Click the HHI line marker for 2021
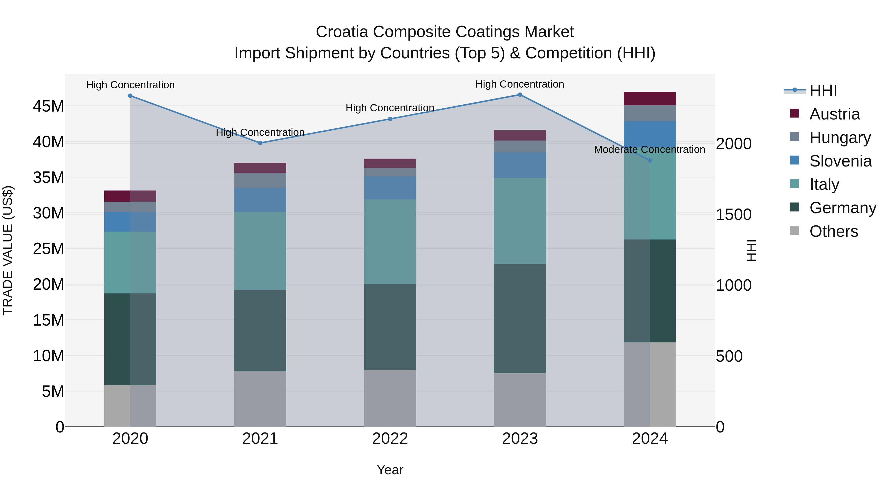point(260,143)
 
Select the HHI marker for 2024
point(650,160)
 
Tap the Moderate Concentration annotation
point(649,149)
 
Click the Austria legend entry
point(834,114)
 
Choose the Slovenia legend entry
point(840,161)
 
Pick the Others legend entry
point(833,231)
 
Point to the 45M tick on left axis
point(48,106)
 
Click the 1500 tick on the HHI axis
point(734,215)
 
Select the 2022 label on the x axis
point(390,439)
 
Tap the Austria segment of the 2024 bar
point(650,98)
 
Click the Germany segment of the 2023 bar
point(520,318)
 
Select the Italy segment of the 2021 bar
point(260,251)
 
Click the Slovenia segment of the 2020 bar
point(130,222)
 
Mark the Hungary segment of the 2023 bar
point(520,146)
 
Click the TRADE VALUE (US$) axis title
point(8,251)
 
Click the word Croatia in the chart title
point(342,32)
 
